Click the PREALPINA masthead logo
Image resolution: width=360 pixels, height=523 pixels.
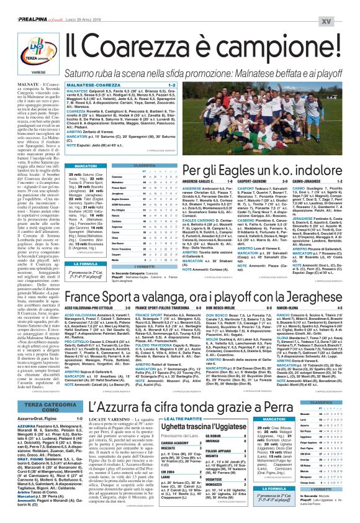tap(24, 5)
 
